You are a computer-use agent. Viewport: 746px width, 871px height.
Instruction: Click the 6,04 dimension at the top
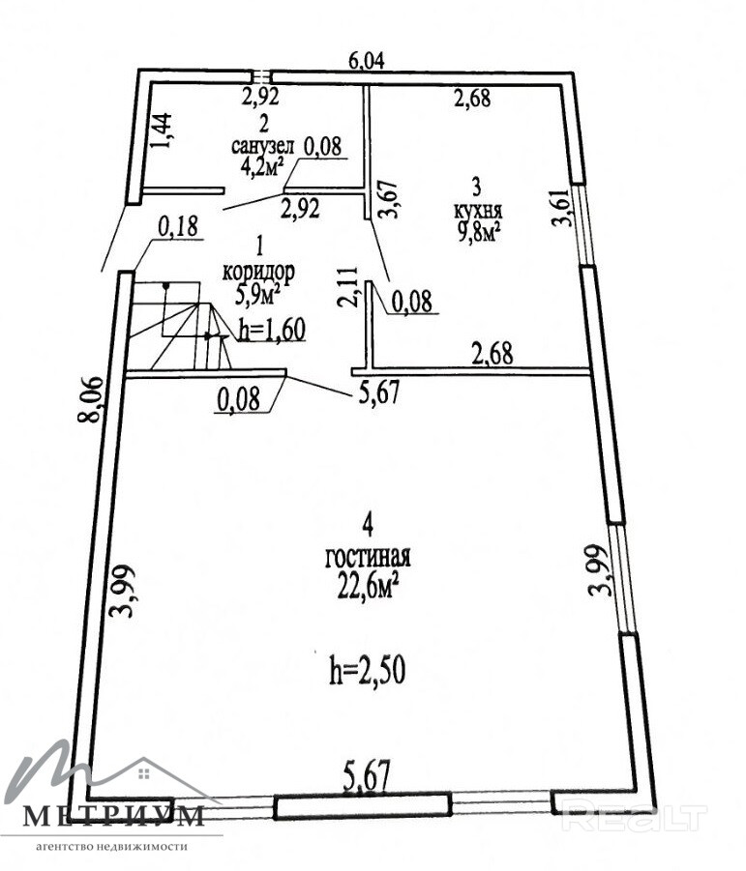[x=367, y=61]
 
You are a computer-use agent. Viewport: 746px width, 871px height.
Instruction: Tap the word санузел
[x=264, y=146]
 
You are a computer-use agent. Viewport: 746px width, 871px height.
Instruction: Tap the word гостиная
[x=368, y=558]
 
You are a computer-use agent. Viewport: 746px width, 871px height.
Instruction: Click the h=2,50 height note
[x=366, y=671]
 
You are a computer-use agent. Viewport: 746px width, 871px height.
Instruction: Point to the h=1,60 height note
[x=271, y=330]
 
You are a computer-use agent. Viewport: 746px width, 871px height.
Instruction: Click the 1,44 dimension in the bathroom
[x=164, y=130]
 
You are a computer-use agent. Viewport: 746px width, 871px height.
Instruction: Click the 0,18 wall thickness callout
[x=177, y=228]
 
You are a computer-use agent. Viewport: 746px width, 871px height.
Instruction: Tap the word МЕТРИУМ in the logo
[x=113, y=817]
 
